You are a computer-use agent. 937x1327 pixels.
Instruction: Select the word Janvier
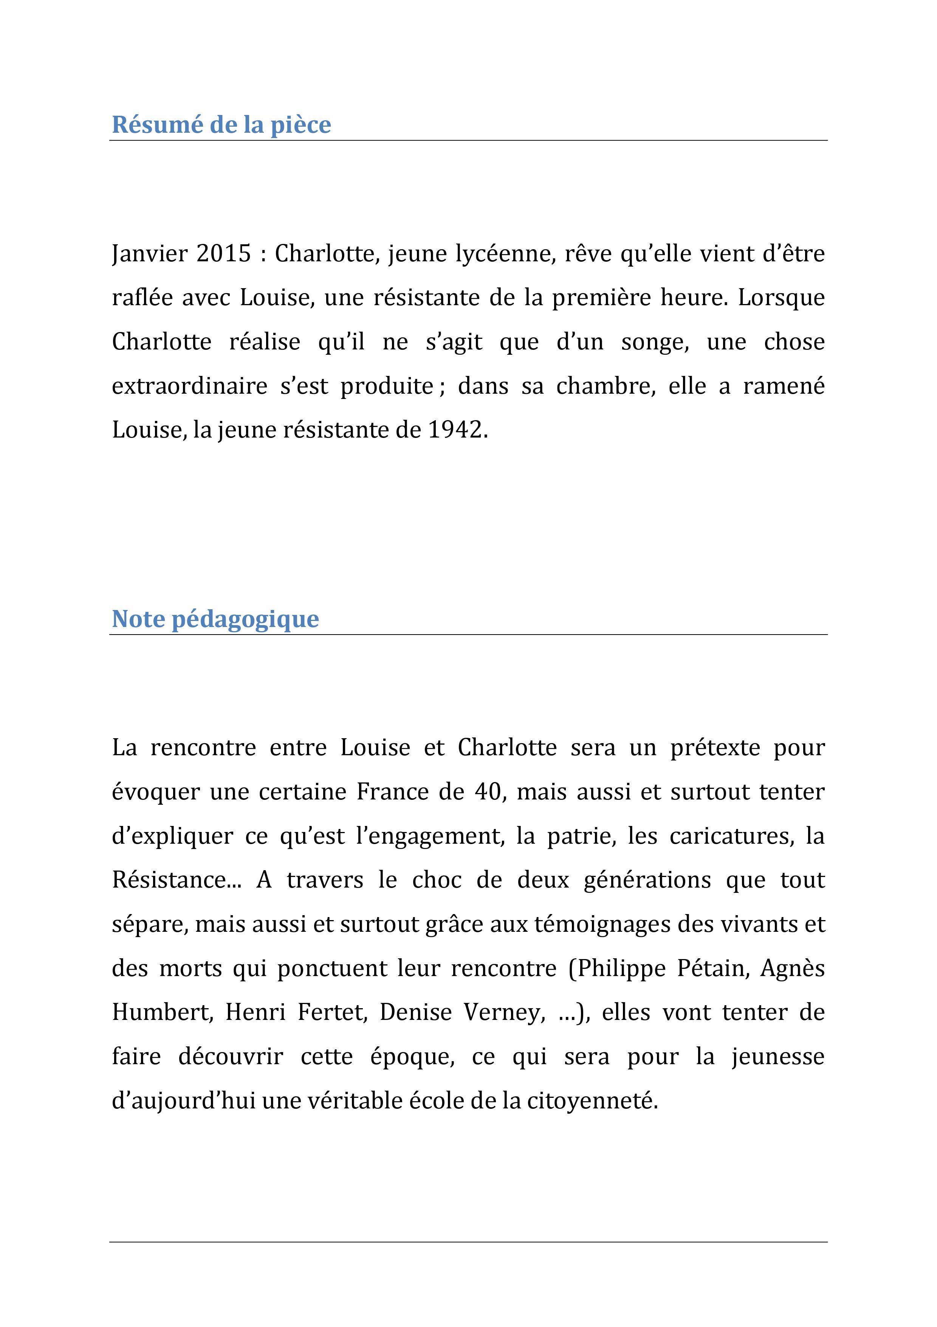click(150, 254)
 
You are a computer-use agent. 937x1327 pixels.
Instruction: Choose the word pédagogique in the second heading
click(246, 619)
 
